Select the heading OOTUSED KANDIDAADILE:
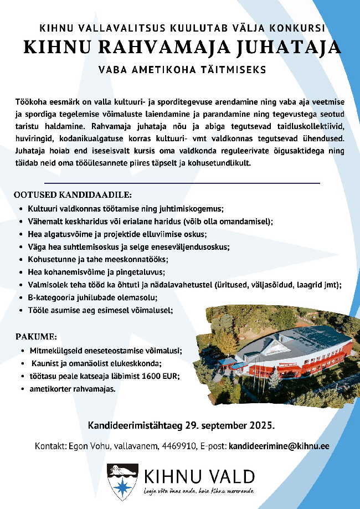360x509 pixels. pos(73,195)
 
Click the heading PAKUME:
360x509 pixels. pos(35,337)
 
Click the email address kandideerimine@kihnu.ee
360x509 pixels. pos(279,445)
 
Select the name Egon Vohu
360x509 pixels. pos(84,445)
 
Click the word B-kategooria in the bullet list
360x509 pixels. pos(52,298)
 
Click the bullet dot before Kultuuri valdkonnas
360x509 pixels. pos(21,209)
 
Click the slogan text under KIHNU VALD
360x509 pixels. pos(198,491)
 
